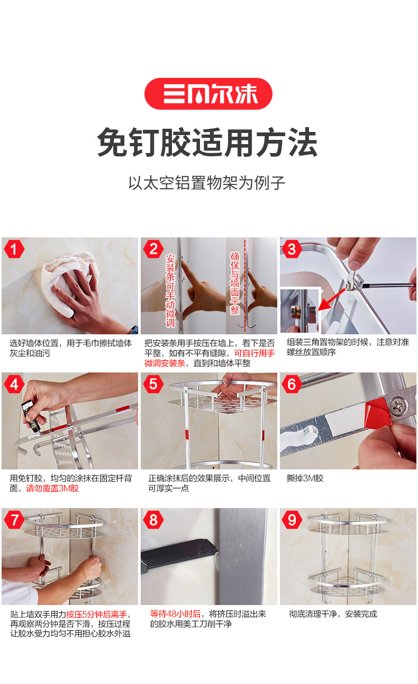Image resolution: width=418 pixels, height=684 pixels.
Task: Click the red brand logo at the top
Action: coord(208,94)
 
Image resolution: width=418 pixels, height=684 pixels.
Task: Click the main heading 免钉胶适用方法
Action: coord(207,143)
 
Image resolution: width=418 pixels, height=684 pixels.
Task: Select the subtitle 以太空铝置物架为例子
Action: coord(207,183)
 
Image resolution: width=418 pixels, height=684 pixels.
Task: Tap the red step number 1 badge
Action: coord(14,249)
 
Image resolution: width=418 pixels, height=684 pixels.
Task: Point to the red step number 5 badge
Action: coord(153,384)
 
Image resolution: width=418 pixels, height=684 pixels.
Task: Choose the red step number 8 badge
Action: coord(153,519)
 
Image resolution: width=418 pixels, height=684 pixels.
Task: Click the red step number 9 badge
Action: coord(292,519)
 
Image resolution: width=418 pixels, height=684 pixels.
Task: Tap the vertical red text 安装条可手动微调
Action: coord(170,291)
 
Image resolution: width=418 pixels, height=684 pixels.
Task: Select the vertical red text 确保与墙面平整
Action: coord(235,283)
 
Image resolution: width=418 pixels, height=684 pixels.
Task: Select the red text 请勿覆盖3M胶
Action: coord(52,488)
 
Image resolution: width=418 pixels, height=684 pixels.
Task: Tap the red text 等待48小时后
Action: coord(175,614)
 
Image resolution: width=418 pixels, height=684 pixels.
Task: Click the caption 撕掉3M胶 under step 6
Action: coord(305,478)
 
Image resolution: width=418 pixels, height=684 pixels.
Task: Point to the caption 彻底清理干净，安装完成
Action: coord(333,614)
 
